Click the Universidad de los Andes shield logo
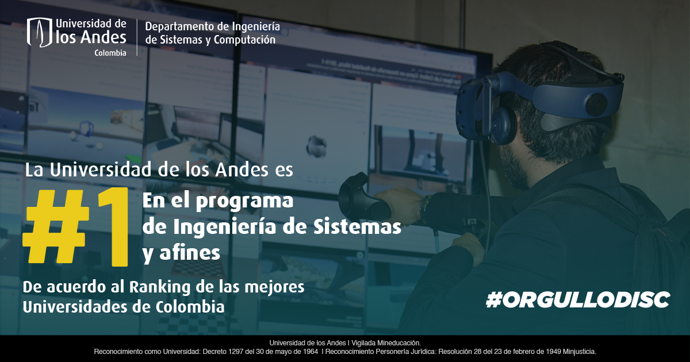coord(40,32)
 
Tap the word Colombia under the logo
coord(110,53)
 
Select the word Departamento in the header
coord(179,27)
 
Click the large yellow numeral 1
coord(113,227)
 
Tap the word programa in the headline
coord(244,202)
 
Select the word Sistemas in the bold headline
coord(357,226)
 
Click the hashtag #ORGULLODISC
coord(578,299)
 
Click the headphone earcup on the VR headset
coord(501,125)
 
